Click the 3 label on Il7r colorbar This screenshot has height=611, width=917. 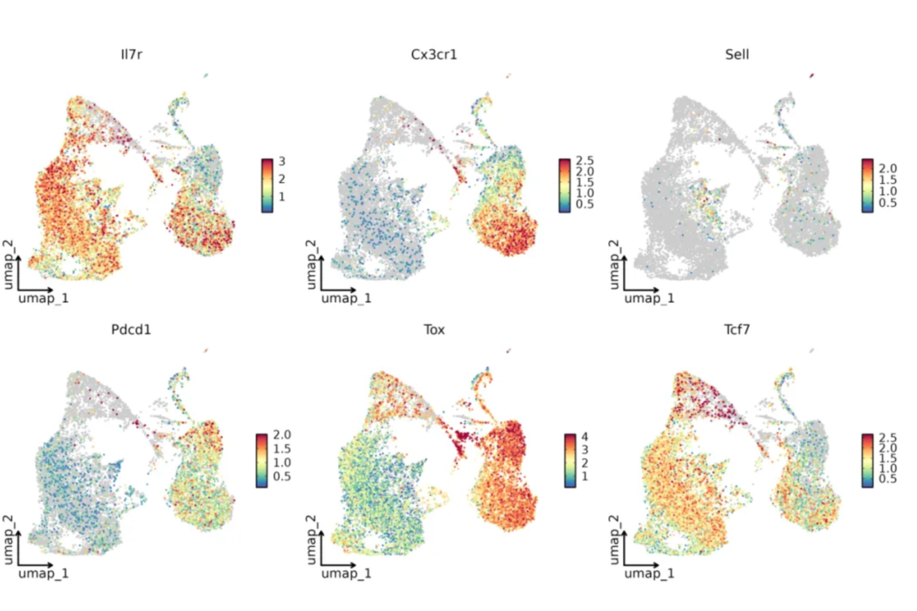(282, 161)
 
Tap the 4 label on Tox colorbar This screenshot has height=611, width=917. (584, 437)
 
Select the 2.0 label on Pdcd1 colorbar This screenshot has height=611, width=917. (282, 434)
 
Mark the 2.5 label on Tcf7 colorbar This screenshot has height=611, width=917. (887, 436)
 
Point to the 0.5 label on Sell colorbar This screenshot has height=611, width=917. (887, 203)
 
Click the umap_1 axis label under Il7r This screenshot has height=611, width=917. (44, 299)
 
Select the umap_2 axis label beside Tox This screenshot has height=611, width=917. (311, 537)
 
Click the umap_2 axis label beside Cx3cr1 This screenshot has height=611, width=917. (311, 263)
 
